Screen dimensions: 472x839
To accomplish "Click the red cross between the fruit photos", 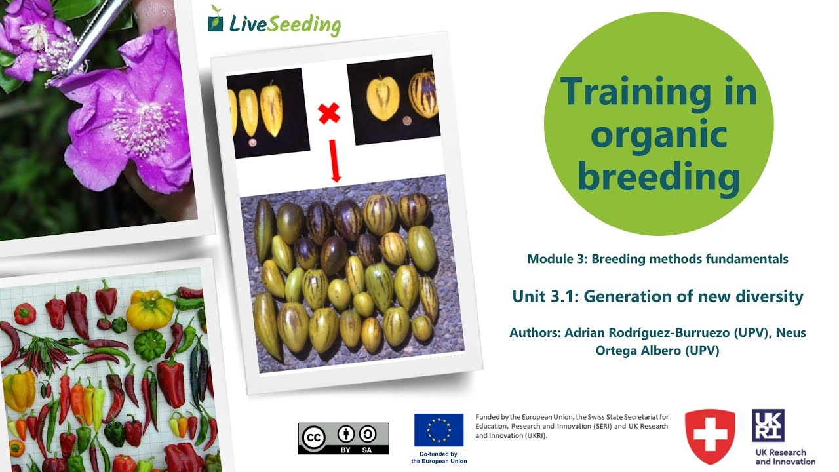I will pyautogui.click(x=329, y=114).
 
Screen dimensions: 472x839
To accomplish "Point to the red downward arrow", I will pyautogui.click(x=336, y=164).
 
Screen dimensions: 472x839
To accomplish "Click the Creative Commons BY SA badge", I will pyautogui.click(x=343, y=439).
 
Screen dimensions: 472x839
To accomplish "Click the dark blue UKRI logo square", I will pyautogui.click(x=768, y=425).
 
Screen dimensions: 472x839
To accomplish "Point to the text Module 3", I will pyautogui.click(x=555, y=259).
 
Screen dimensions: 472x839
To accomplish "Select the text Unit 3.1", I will pyautogui.click(x=543, y=297).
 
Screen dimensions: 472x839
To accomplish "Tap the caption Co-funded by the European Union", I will pyautogui.click(x=439, y=457).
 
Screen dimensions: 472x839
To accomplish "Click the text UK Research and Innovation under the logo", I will pyautogui.click(x=785, y=457).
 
